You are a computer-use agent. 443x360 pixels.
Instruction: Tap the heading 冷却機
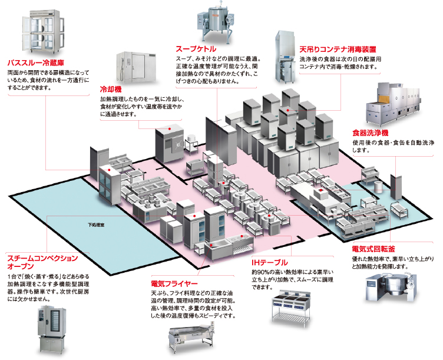[111, 89]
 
